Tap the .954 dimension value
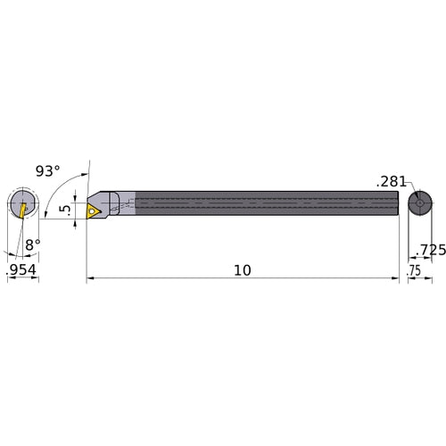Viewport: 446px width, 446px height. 22,268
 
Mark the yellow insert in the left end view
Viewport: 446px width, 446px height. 19,209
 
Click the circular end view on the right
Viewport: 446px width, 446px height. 417,204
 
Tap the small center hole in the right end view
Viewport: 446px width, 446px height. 417,204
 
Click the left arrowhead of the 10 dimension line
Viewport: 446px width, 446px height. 90,279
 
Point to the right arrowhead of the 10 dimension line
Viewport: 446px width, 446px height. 395,279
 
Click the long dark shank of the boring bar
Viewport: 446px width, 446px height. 268,204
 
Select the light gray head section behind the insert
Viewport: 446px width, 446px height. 126,203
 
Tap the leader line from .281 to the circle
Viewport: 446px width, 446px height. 409,190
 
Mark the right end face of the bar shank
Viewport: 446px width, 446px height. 398,204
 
